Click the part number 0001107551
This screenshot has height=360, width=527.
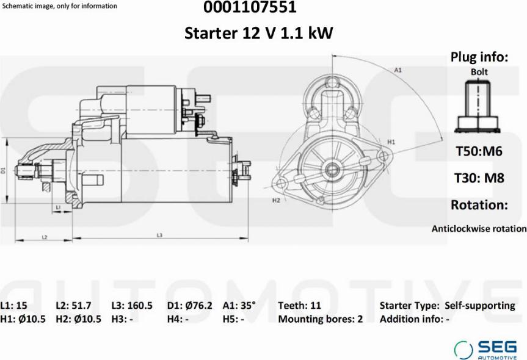click(x=250, y=7)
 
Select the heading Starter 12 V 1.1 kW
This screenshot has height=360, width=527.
click(x=259, y=33)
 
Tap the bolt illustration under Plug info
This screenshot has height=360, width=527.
click(x=478, y=106)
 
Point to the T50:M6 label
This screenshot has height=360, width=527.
click(x=479, y=151)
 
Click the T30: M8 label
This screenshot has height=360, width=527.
click(x=479, y=178)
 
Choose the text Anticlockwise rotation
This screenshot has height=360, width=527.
click(x=479, y=229)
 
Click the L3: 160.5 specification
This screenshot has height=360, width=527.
click(x=132, y=306)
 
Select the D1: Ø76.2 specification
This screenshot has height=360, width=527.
click(x=189, y=306)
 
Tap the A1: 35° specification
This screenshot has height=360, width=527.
click(x=239, y=305)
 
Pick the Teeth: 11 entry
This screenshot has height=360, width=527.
click(x=299, y=306)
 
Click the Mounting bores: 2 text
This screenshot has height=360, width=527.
click(x=321, y=319)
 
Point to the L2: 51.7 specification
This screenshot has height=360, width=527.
click(x=73, y=306)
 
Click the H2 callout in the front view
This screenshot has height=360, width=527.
click(x=276, y=201)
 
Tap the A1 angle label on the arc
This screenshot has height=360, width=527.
click(x=398, y=70)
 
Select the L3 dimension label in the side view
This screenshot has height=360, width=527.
click(x=159, y=236)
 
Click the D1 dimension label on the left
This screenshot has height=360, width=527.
click(x=4, y=170)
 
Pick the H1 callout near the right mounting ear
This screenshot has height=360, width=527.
click(x=391, y=142)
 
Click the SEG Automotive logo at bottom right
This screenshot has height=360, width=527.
click(x=485, y=350)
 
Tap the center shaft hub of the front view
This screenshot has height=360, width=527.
click(x=333, y=168)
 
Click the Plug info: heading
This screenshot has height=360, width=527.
click(x=479, y=57)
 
